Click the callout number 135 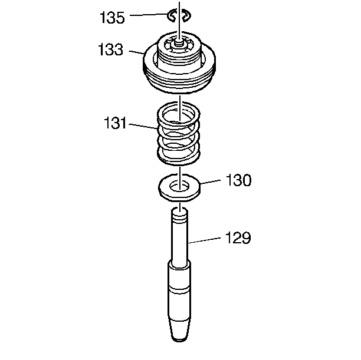[112, 17]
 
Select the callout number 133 [111, 49]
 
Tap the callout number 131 [115, 123]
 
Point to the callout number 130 [238, 180]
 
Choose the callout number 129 [238, 237]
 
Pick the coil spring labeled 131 [178, 133]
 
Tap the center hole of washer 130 [179, 186]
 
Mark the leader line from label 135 [149, 15]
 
